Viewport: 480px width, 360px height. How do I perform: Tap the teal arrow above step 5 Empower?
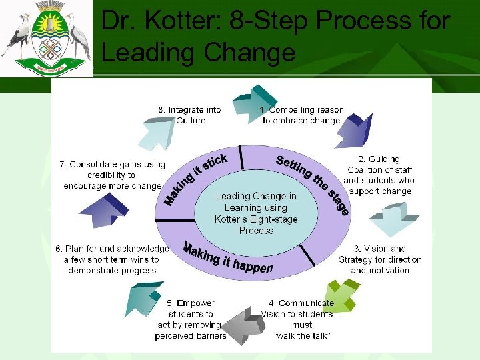[x=144, y=296]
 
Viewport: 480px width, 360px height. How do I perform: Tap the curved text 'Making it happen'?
[x=227, y=259]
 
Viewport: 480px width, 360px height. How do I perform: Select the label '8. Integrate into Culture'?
[x=189, y=115]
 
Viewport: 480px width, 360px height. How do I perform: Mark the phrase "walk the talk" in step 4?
[x=302, y=336]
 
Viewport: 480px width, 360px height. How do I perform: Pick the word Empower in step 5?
[x=195, y=303]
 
